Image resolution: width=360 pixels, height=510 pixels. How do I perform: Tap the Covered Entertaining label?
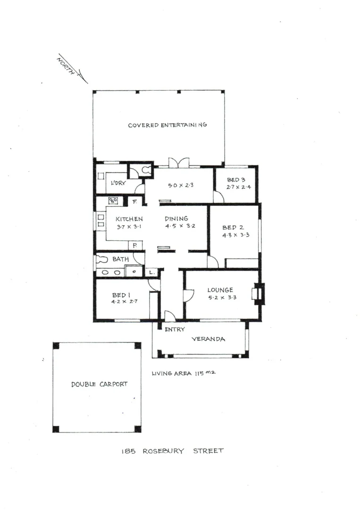coord(167,125)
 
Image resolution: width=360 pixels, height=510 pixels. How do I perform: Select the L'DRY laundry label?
coord(118,183)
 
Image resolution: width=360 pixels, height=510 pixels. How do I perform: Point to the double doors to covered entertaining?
coord(179,163)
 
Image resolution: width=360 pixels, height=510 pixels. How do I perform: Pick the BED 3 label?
coord(236,180)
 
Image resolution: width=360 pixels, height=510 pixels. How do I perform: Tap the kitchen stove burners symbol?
coord(113,201)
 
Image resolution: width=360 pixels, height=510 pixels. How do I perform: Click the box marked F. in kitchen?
coord(134,202)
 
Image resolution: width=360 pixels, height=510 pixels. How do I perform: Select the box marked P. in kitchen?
coord(135,246)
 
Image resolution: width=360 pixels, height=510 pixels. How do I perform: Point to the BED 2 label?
coord(233,228)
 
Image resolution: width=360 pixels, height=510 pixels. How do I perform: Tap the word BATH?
coord(120,259)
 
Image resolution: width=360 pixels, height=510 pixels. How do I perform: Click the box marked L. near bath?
coord(151,272)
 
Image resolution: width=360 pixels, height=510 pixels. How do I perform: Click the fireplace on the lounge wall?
coord(258,293)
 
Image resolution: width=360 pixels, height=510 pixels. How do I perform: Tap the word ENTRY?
coord(174,329)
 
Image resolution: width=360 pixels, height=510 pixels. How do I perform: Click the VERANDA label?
coord(208,339)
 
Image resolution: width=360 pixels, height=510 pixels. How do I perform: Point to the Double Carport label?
coord(99,384)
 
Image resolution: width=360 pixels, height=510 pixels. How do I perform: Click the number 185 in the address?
coord(129,451)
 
